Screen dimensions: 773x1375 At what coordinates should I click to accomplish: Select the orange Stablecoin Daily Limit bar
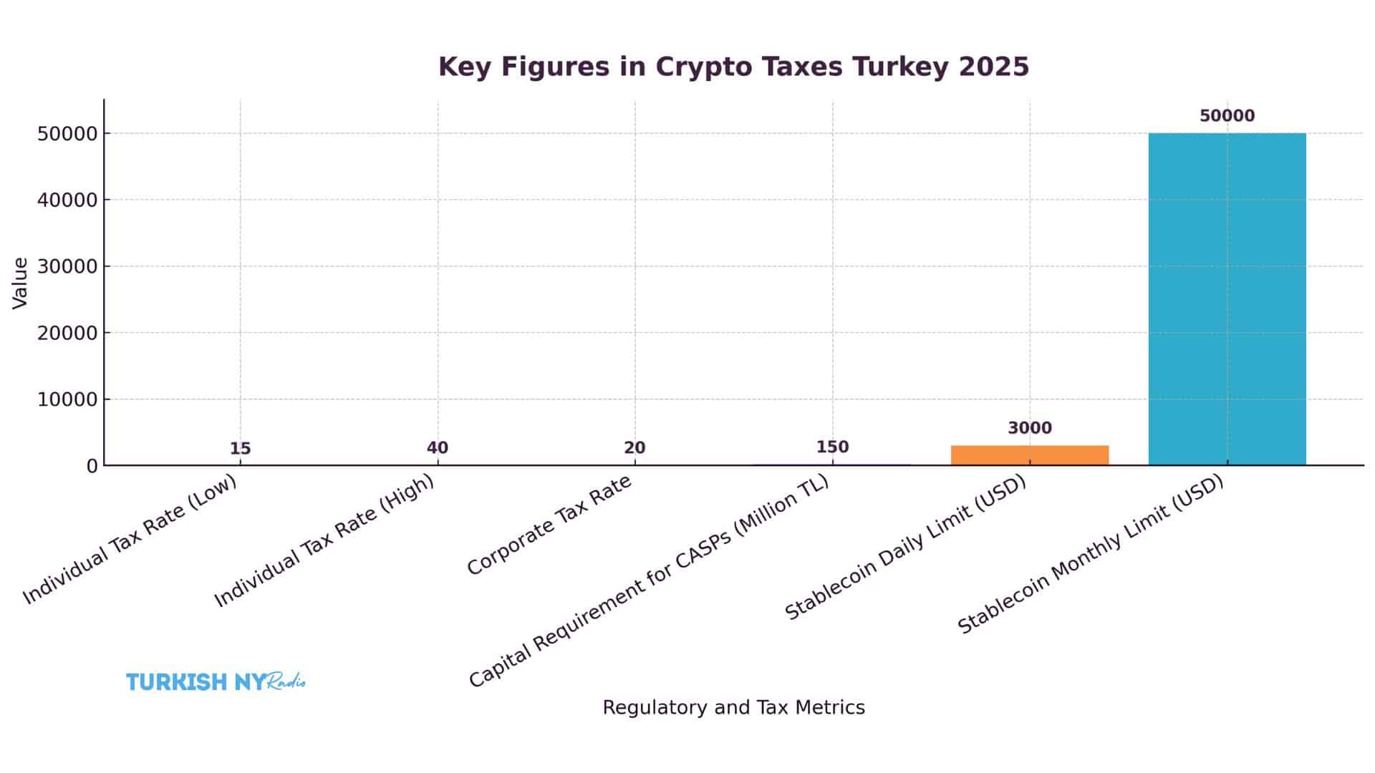pos(1029,455)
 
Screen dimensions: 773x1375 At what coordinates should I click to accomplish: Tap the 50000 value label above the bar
pos(1227,116)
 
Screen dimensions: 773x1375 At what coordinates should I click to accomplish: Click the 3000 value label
pos(1030,428)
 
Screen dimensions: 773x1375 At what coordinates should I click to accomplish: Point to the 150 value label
pos(832,447)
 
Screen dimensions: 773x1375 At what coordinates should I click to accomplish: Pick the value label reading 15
pos(240,449)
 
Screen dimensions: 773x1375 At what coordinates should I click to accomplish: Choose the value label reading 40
pos(438,448)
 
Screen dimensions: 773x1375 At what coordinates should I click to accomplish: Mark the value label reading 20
pos(635,448)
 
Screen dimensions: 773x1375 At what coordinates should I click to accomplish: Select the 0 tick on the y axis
pos(92,466)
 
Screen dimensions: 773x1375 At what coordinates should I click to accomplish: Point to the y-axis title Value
pos(20,283)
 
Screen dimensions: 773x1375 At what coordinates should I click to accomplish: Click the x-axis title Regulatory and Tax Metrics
pos(733,707)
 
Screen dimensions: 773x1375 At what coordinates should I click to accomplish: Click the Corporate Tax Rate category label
pos(550,525)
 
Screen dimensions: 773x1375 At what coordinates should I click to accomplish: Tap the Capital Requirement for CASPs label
pos(649,580)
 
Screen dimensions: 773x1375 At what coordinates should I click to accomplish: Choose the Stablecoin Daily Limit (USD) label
pos(906,548)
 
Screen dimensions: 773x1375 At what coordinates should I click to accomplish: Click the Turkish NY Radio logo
pos(216,681)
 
